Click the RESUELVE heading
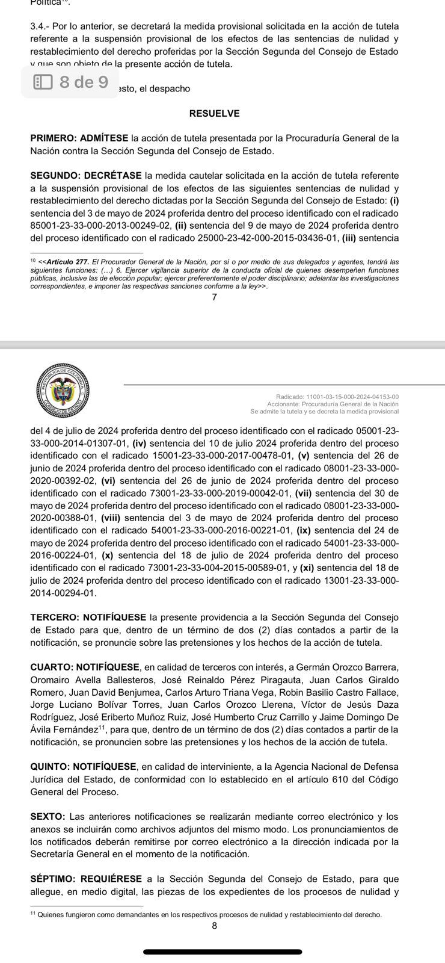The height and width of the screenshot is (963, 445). [x=214, y=113]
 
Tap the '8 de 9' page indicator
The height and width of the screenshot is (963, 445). [x=71, y=82]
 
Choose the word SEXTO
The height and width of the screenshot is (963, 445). [x=47, y=817]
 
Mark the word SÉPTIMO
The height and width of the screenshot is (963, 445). [x=52, y=879]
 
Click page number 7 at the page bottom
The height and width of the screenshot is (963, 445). [x=214, y=297]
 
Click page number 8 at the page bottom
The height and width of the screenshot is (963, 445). [x=214, y=926]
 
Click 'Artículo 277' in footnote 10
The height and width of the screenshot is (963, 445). [x=67, y=261]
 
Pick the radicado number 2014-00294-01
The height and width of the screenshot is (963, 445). [x=63, y=593]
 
